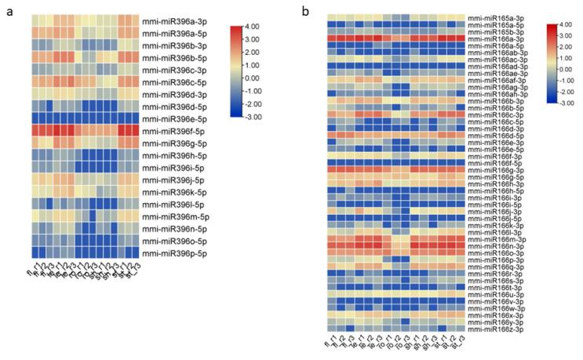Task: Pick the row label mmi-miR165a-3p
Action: pos(506,17)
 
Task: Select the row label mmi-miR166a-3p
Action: pos(506,38)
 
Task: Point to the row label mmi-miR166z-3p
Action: pos(506,329)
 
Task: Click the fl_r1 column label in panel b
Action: pos(327,344)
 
